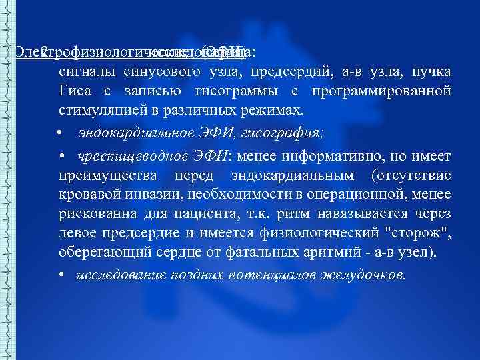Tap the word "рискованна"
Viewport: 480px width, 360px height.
(x=101, y=213)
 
